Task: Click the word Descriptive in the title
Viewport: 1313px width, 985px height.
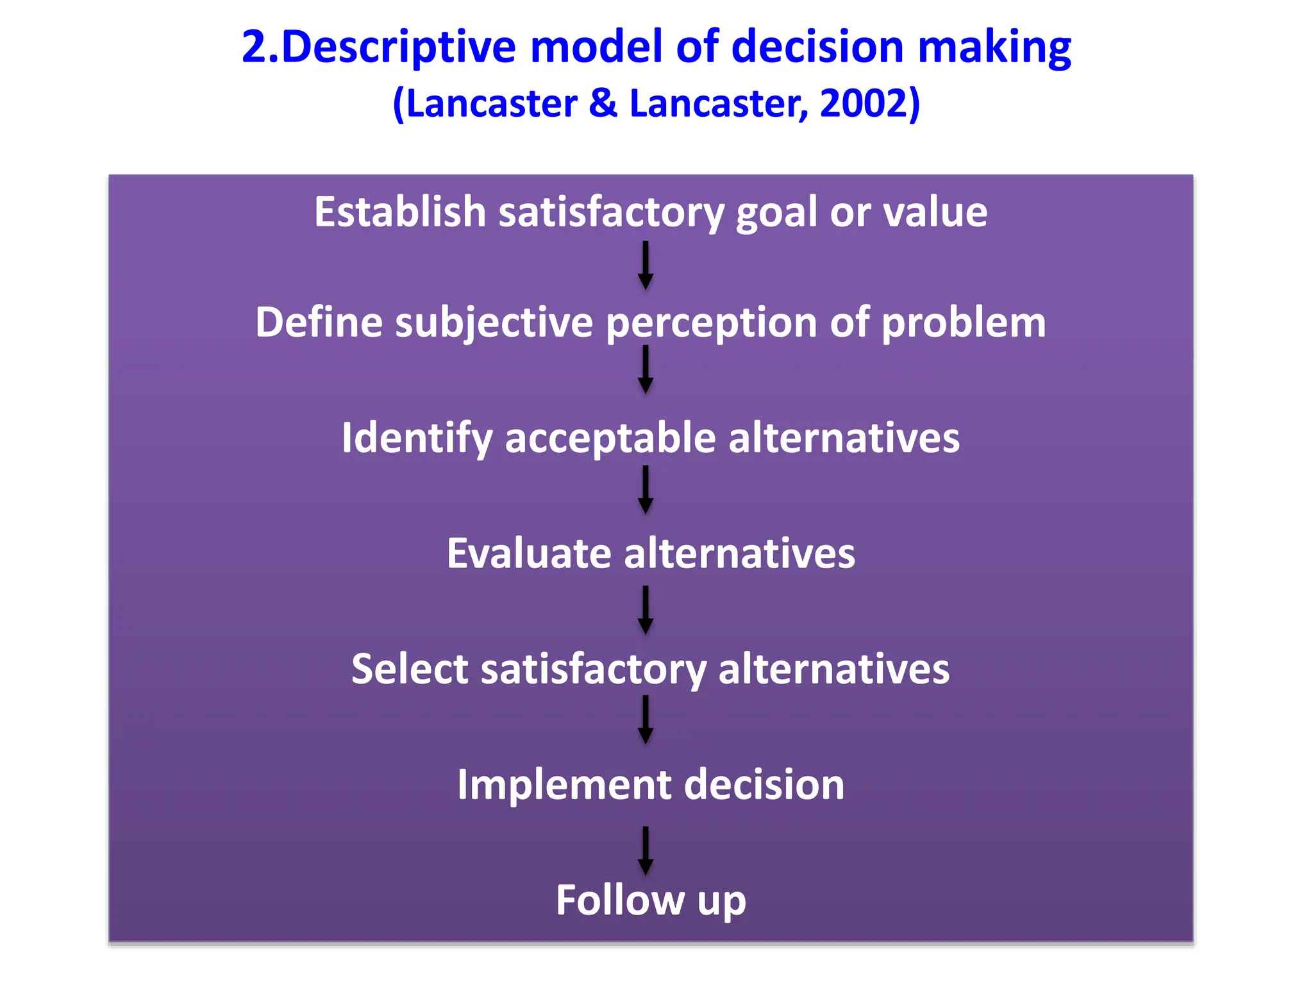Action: pos(398,48)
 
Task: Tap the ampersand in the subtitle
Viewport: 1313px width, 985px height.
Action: pos(602,103)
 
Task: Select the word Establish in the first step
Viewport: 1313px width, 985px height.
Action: pos(400,212)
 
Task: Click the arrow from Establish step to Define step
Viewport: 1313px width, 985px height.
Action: pos(646,265)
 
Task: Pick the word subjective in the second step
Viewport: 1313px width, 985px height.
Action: pos(494,323)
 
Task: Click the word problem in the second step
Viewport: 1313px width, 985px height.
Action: pos(963,323)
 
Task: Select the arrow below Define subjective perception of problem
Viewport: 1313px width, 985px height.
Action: pos(646,370)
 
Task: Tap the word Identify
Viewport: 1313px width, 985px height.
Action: pos(417,439)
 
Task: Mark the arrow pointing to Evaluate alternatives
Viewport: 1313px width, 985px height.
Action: pos(646,490)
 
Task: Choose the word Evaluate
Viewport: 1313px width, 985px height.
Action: pos(529,553)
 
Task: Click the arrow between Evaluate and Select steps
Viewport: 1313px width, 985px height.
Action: pos(646,610)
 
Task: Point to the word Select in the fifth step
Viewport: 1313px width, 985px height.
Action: pos(410,669)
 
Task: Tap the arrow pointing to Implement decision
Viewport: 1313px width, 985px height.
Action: pos(646,720)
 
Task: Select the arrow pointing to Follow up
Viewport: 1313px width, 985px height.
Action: pos(646,850)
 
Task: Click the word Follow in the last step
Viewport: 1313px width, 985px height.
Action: pos(620,900)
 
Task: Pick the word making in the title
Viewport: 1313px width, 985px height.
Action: pos(994,48)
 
